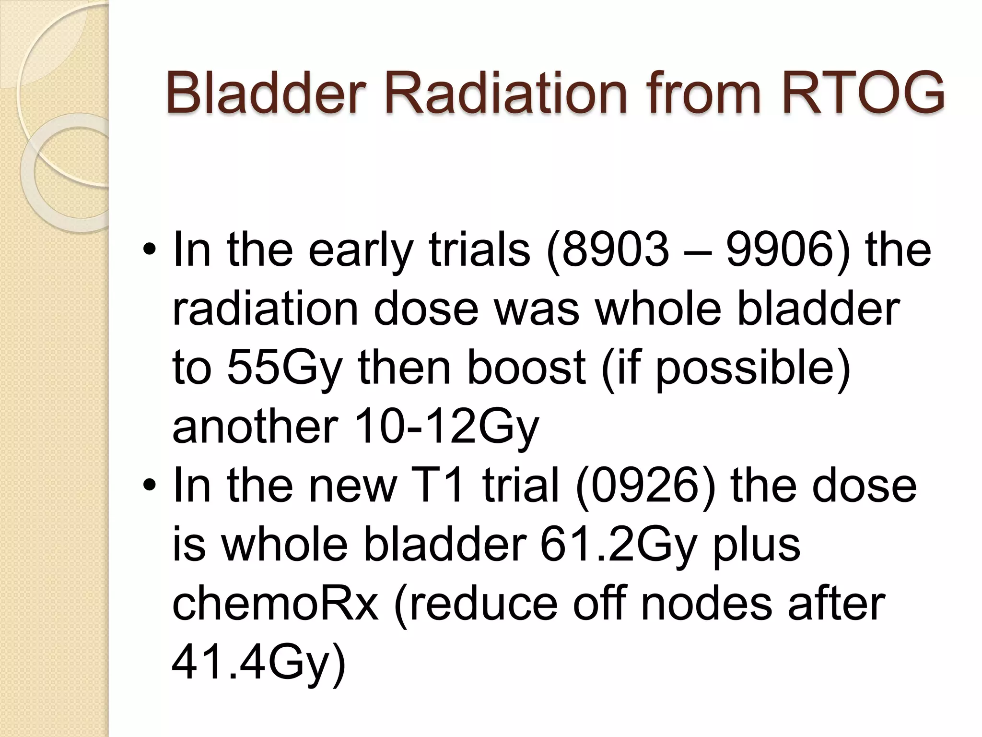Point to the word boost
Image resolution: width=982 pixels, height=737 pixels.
click(x=526, y=368)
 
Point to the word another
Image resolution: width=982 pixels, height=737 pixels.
click(x=255, y=427)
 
